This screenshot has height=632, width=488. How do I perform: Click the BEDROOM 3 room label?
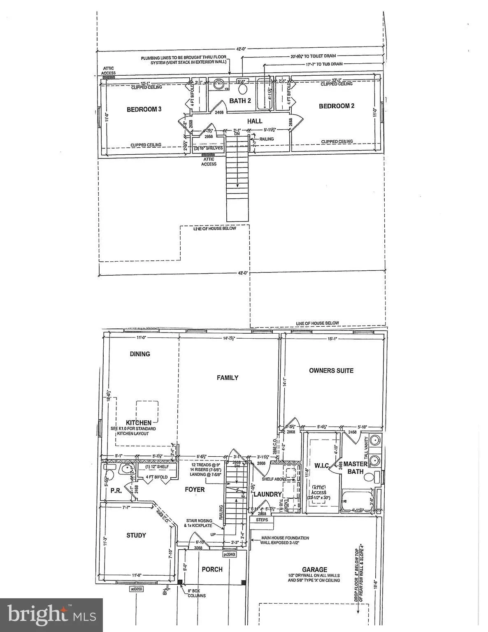144,109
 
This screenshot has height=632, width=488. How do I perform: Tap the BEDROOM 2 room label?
337,106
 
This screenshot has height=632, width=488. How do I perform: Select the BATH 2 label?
240,101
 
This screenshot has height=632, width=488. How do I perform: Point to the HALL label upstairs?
255,121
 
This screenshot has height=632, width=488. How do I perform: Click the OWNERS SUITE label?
331,370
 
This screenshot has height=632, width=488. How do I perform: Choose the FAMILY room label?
228,378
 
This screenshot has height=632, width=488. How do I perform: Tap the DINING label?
140,354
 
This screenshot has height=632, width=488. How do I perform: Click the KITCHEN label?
138,423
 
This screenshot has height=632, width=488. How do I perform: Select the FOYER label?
194,490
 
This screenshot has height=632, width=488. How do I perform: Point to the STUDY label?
136,535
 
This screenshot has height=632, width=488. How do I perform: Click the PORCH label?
212,569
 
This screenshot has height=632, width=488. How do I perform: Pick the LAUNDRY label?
267,494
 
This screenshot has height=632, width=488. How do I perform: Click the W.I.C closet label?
321,465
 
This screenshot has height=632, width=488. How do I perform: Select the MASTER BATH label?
356,468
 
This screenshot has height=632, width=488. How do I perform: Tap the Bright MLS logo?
51,615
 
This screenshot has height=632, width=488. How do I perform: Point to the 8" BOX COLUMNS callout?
195,593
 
